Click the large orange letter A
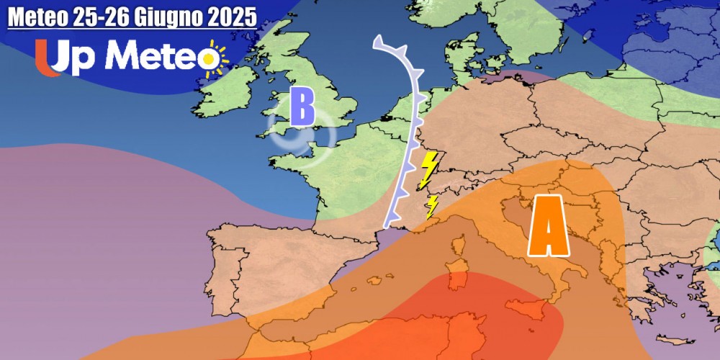pyautogui.click(x=549, y=226)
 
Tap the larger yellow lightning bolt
pyautogui.click(x=428, y=169)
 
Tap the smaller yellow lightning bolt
pyautogui.click(x=432, y=206)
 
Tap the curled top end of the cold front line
pyautogui.click(x=377, y=43)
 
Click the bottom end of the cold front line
pyautogui.click(x=390, y=217)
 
